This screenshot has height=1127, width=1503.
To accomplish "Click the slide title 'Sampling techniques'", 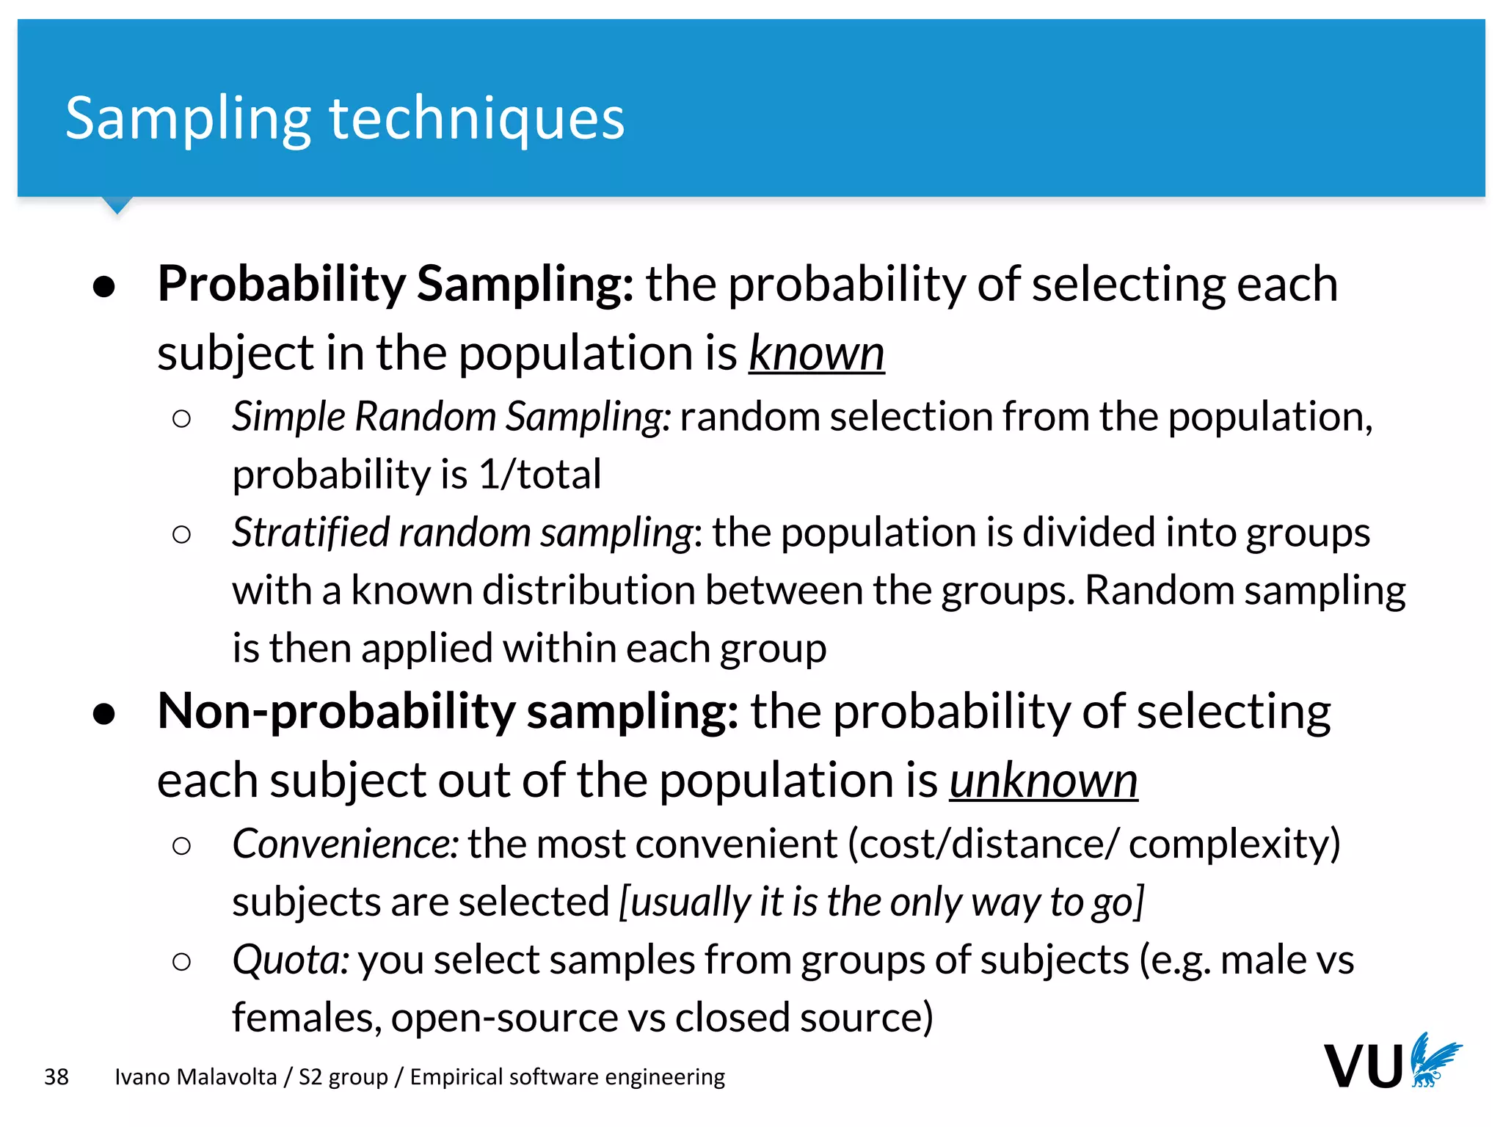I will tap(345, 119).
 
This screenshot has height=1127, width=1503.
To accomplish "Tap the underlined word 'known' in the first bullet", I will tap(816, 354).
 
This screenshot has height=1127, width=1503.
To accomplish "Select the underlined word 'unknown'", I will tap(1043, 781).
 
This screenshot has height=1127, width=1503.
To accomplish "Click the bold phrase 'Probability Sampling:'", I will tap(396, 285).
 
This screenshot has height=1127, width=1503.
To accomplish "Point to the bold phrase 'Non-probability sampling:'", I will tap(448, 712).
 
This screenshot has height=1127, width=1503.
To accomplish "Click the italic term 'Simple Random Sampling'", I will tap(447, 417).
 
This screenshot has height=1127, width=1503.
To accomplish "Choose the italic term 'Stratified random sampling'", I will tap(462, 533).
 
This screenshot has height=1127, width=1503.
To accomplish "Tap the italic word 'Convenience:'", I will tap(346, 845).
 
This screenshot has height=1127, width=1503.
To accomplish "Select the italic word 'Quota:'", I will tap(291, 960).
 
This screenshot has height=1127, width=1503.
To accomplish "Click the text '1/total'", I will tap(539, 475).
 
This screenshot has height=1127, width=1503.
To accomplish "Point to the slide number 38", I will tap(57, 1077).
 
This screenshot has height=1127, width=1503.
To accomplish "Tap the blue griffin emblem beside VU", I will tap(1434, 1060).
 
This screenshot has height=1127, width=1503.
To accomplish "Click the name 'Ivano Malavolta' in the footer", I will tap(196, 1077).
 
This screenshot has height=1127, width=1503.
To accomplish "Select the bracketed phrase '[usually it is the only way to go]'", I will tap(881, 902).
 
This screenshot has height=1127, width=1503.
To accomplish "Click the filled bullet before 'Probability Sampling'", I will tap(104, 287).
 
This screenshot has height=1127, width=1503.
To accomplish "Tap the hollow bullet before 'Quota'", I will tap(181, 962).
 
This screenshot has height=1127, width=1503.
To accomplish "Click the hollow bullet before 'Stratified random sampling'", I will tap(181, 534).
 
